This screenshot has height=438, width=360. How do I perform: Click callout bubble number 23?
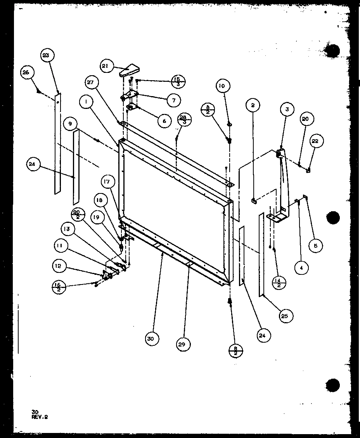pos(47,55)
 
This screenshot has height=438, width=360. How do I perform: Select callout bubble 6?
pos(164,121)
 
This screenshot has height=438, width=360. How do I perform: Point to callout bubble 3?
pos(286,110)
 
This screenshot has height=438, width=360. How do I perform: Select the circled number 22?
pos(315,141)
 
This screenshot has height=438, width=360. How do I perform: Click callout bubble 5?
pos(315,246)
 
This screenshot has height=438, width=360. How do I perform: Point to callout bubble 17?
pos(107,181)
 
